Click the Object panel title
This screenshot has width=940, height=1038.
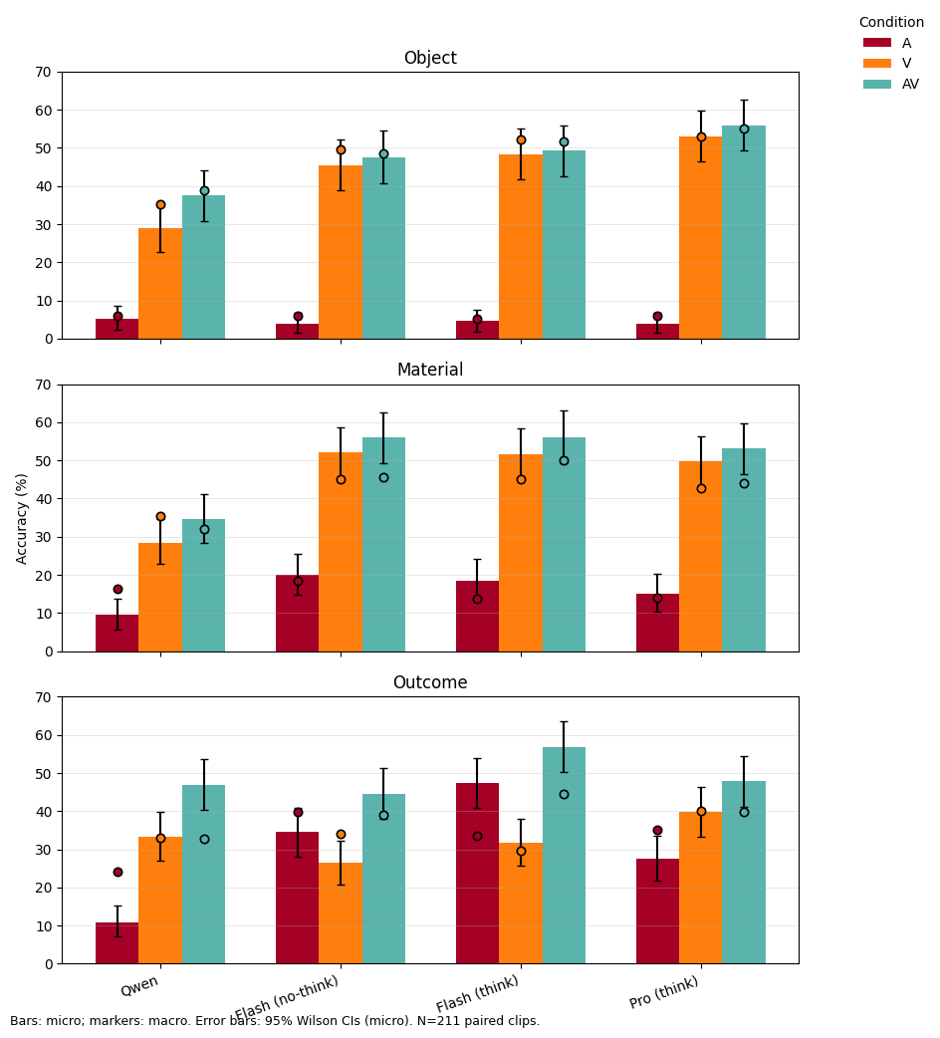point(429,58)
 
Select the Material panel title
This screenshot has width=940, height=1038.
point(429,371)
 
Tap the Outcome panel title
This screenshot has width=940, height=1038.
point(429,682)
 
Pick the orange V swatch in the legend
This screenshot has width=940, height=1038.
point(877,64)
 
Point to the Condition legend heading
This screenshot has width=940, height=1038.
point(890,22)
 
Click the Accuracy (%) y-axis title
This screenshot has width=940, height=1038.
point(22,518)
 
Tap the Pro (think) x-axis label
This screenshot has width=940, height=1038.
point(664,992)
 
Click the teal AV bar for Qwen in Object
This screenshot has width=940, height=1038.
point(203,269)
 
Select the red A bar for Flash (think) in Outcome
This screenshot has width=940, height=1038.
point(477,877)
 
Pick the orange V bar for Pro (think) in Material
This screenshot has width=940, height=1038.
point(700,558)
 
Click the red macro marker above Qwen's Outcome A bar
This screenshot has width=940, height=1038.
point(117,872)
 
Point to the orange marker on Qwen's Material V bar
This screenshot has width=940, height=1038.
point(160,516)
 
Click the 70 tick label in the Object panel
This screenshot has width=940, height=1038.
point(43,72)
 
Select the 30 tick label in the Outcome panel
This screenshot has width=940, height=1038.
point(43,850)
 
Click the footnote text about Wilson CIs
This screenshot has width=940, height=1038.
point(275,1021)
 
